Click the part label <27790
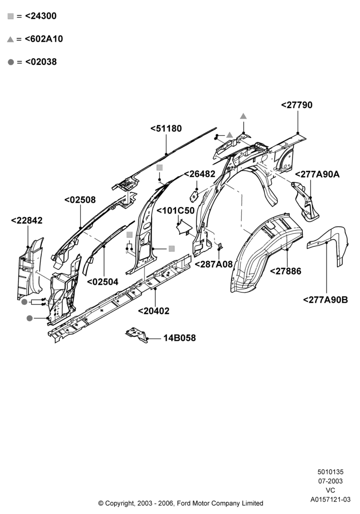(x=297, y=105)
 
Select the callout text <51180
(x=166, y=128)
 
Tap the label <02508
(x=80, y=200)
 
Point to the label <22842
(x=27, y=221)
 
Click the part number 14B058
(x=179, y=338)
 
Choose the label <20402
(x=154, y=311)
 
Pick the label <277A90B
(x=326, y=300)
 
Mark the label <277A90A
(x=317, y=174)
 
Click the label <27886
(x=285, y=271)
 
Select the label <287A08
(x=214, y=264)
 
